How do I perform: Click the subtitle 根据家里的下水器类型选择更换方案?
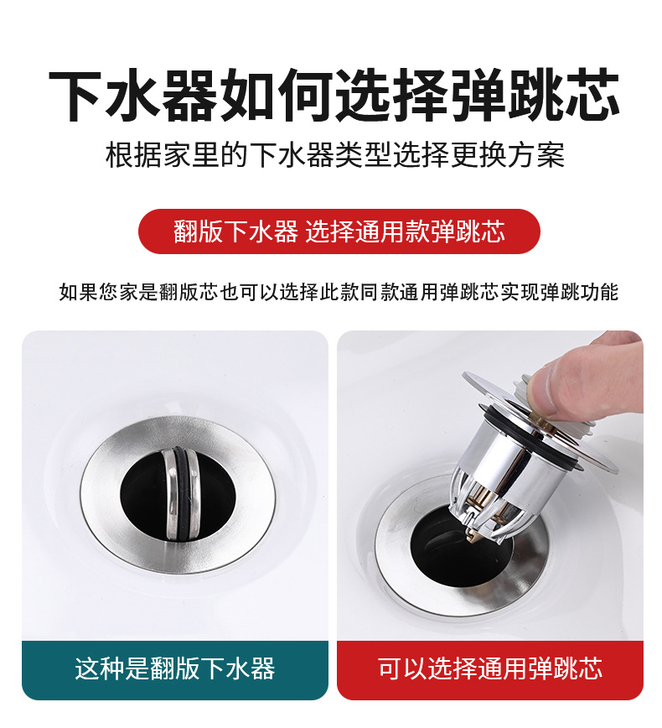click(x=335, y=155)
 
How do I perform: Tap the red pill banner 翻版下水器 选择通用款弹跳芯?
click(x=339, y=231)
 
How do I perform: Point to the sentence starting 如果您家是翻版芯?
click(x=339, y=292)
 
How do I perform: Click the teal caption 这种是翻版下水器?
click(x=175, y=669)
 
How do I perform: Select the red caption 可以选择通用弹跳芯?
click(x=490, y=669)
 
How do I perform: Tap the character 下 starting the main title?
click(x=76, y=95)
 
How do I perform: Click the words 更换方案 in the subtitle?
click(x=508, y=155)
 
